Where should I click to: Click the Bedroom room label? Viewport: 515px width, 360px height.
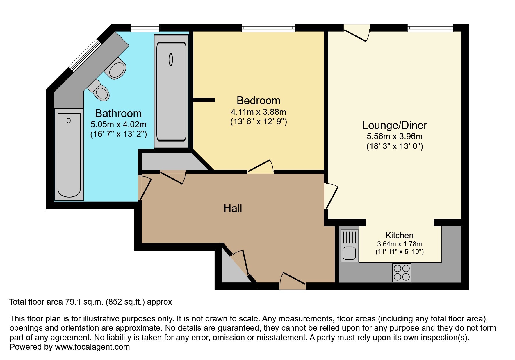258,101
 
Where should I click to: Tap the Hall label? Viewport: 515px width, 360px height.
233,208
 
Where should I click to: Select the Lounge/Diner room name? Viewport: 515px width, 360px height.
394,125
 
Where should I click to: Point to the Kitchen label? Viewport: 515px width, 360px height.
399,235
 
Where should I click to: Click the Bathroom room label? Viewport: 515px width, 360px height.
118,113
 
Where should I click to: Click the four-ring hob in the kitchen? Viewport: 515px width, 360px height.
402,273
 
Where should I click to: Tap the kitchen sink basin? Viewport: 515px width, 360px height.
349,253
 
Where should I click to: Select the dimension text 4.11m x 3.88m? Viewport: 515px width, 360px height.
258,112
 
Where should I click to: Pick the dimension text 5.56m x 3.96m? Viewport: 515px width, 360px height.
394,136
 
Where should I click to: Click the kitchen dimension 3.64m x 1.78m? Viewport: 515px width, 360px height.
399,244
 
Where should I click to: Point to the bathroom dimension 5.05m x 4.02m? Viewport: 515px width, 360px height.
118,125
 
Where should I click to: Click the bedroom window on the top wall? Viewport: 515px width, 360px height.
268,28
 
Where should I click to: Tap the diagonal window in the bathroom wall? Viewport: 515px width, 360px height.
85,55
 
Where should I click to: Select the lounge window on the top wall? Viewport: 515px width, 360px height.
430,28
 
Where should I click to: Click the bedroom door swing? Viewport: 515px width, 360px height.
261,166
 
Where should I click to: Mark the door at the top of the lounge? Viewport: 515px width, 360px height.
357,33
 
